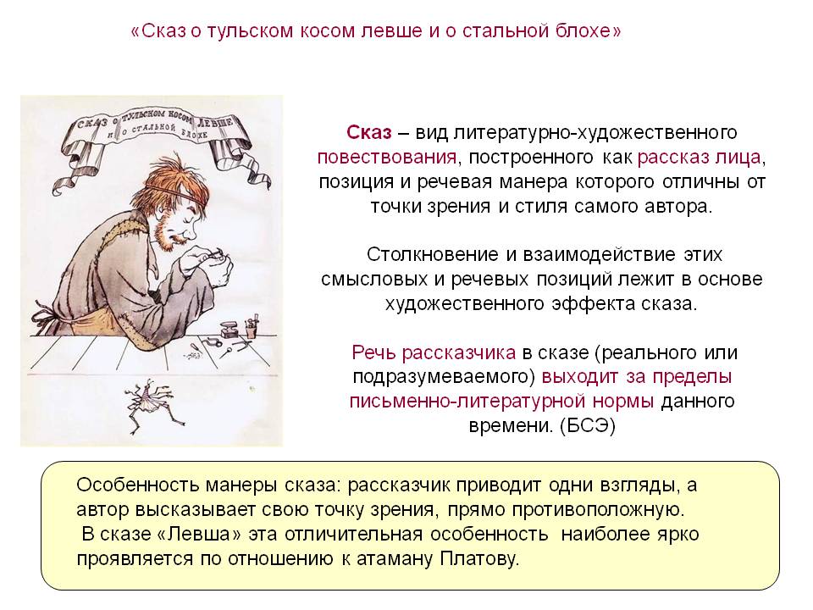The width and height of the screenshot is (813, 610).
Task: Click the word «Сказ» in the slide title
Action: [163, 31]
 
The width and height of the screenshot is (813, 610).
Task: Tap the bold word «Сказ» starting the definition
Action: [369, 132]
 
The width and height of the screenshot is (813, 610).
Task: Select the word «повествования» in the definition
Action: [387, 158]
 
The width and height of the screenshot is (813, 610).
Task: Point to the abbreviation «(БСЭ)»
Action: [588, 426]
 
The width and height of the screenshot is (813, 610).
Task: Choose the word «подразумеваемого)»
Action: [443, 377]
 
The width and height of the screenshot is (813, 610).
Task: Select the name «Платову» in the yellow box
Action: [479, 559]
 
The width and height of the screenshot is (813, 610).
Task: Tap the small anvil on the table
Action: [230, 330]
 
